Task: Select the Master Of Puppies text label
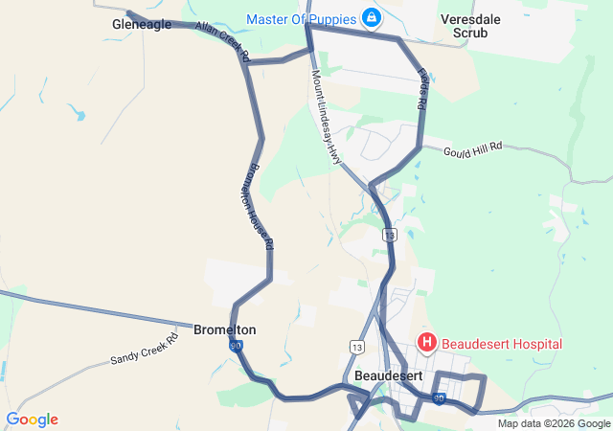[x=301, y=18]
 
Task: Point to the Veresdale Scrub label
[x=465, y=25]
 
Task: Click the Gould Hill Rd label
[x=474, y=148]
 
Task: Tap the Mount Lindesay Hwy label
[x=326, y=118]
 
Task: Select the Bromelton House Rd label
[x=255, y=203]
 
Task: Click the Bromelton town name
[x=225, y=329]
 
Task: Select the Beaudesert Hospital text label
[x=502, y=344]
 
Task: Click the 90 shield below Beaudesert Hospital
[x=439, y=397]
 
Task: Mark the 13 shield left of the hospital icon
[x=357, y=346]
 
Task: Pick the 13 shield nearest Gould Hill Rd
[x=389, y=234]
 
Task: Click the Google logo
[x=32, y=420]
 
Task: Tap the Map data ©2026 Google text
[x=554, y=423]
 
